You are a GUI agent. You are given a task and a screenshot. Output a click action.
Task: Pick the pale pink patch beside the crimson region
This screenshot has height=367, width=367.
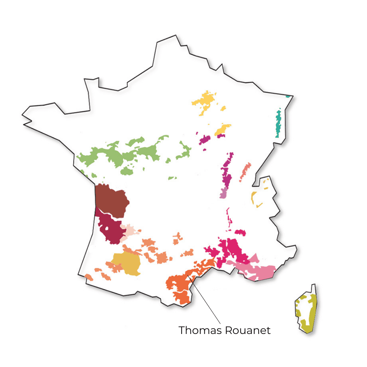(130, 231)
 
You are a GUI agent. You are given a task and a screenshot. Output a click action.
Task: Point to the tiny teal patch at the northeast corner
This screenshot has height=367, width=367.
(288, 96)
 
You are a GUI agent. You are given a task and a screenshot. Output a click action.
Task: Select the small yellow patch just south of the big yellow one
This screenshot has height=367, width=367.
(222, 129)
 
